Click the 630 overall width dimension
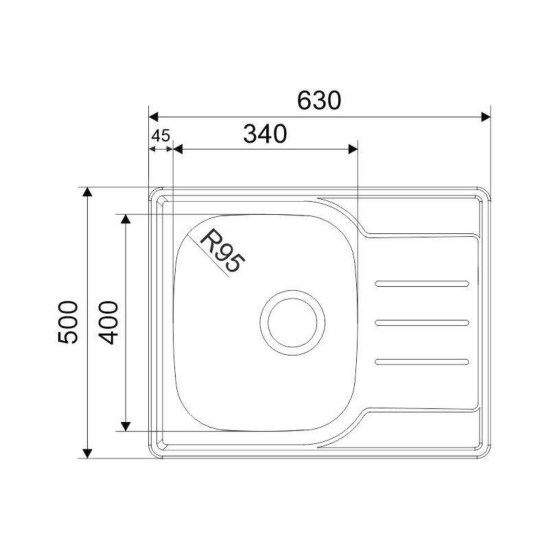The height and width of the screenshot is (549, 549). [x=319, y=100]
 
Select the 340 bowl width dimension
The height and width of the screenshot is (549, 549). [x=265, y=134]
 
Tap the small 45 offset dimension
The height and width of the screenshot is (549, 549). [x=160, y=135]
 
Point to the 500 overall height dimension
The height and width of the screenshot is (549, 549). [x=69, y=322]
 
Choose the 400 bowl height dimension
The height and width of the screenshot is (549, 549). [x=109, y=322]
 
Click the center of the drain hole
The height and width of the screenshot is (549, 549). [x=292, y=323]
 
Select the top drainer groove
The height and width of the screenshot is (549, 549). [x=422, y=284]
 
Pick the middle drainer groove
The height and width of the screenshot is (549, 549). [x=422, y=323]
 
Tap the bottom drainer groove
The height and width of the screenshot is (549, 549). [x=422, y=362]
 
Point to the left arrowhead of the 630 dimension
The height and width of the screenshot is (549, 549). [x=154, y=117]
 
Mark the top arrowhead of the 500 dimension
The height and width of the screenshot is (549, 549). [x=87, y=192]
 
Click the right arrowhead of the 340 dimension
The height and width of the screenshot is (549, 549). [x=352, y=149]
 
